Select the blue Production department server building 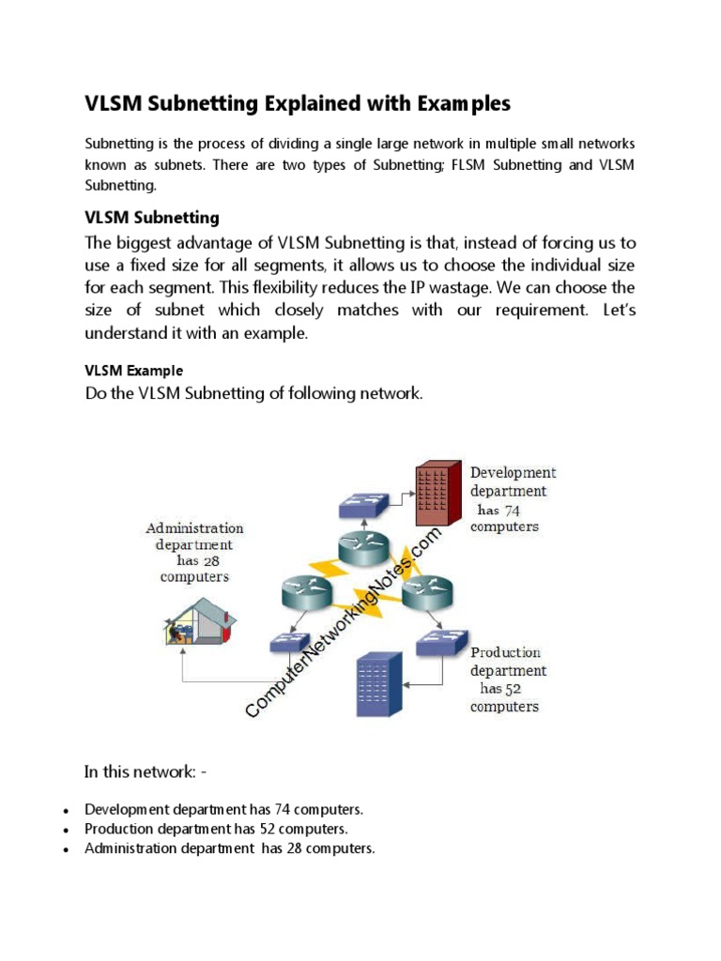pyautogui.click(x=375, y=682)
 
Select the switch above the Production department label pyautogui.click(x=441, y=641)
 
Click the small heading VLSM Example pyautogui.click(x=133, y=371)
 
